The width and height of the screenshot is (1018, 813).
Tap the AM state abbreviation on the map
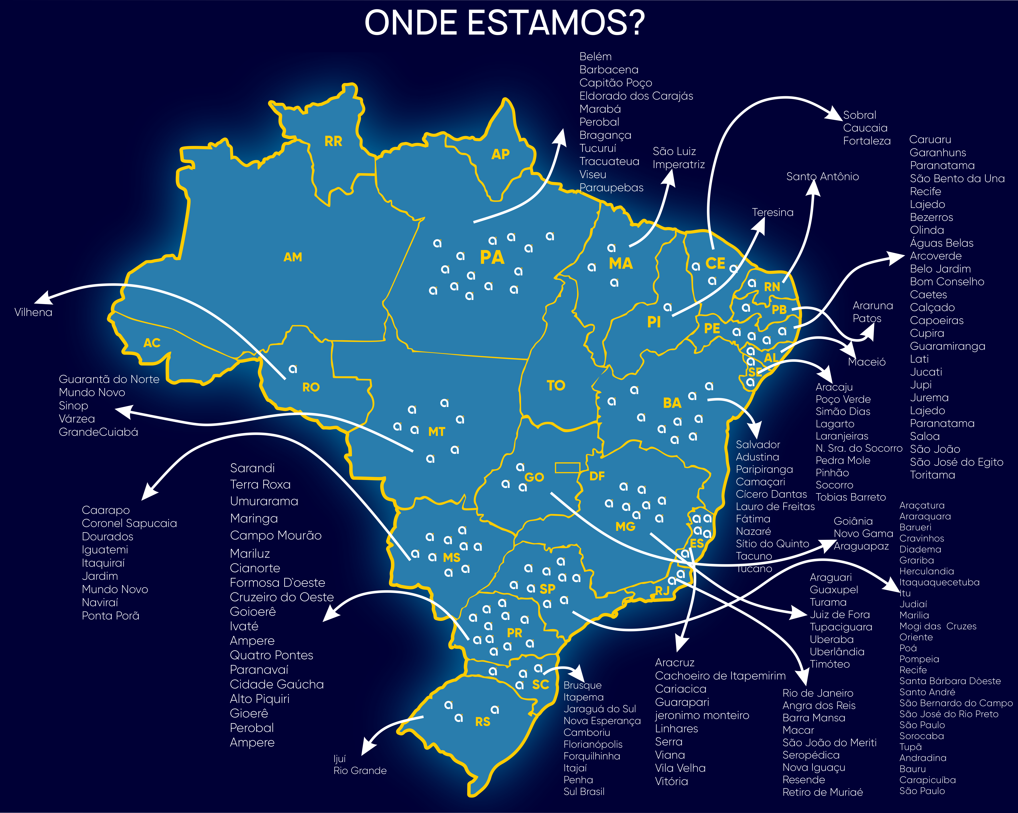pos(293,257)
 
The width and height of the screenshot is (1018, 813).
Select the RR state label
pos(333,141)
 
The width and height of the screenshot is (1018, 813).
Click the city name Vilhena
pos(33,312)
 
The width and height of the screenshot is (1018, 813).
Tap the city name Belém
pos(595,57)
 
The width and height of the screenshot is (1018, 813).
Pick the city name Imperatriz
pos(679,164)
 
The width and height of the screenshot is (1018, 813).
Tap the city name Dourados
pos(108,537)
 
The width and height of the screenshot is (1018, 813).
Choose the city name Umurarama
pos(264,501)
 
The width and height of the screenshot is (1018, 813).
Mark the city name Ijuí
pos(339,759)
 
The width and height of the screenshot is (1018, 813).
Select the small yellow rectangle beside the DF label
pos(567,468)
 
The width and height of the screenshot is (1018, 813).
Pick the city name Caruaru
pos(930,140)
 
